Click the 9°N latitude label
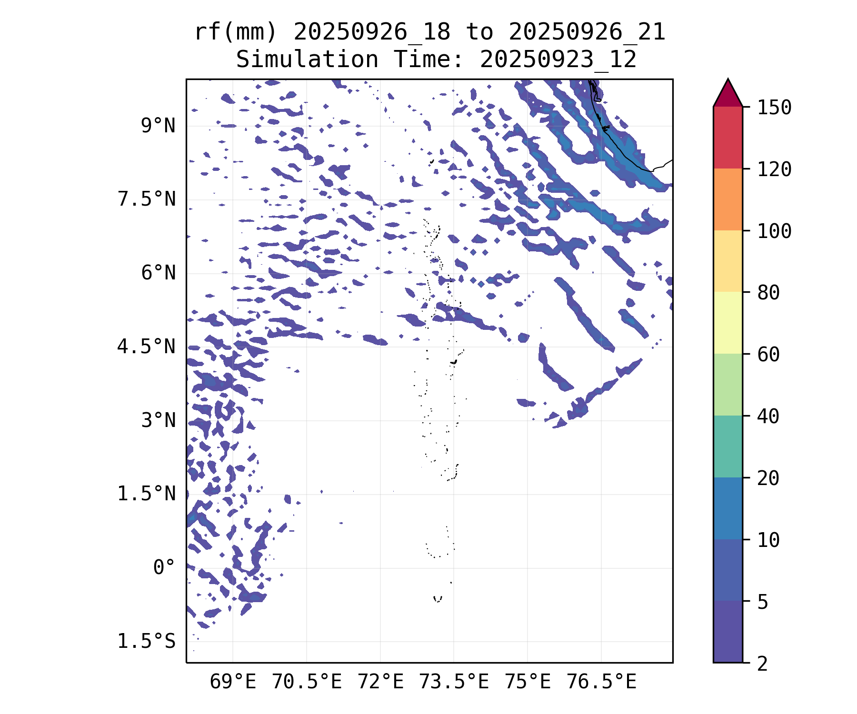(158, 126)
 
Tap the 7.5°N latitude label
(147, 199)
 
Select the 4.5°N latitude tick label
(147, 347)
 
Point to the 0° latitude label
(164, 568)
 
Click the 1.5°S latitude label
(147, 642)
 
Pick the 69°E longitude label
(233, 682)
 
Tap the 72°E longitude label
(380, 682)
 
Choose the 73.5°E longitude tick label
(454, 682)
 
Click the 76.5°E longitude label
(601, 682)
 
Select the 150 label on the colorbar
(774, 108)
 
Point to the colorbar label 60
(768, 355)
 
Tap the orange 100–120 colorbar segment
(727, 199)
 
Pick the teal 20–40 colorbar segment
(727, 446)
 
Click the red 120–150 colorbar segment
(727, 138)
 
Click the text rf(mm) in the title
(236, 32)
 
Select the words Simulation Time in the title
(349, 60)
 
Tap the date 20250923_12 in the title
(558, 60)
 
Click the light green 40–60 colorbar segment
(727, 385)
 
